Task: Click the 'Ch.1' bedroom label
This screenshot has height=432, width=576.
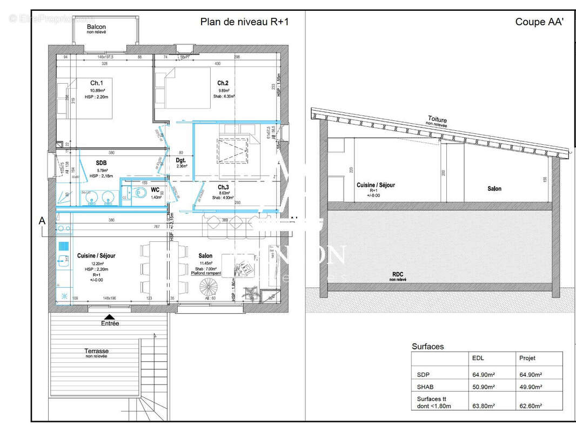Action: click(97, 83)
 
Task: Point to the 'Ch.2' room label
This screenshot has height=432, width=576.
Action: click(223, 83)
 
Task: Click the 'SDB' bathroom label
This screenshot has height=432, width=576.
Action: click(101, 163)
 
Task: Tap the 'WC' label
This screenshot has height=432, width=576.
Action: click(155, 190)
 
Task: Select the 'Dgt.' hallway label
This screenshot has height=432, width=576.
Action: click(181, 160)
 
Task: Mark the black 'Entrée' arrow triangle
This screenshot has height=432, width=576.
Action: click(109, 317)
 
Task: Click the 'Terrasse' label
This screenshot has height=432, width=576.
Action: click(96, 350)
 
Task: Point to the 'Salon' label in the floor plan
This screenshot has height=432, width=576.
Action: click(205, 255)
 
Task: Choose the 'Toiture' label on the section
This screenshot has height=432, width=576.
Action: click(437, 119)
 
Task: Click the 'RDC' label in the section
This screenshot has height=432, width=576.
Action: click(398, 274)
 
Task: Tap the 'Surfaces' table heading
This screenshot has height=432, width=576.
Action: click(427, 347)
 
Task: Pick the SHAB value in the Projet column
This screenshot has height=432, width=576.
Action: click(531, 387)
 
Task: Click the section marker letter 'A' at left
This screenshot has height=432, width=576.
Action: click(42, 220)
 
